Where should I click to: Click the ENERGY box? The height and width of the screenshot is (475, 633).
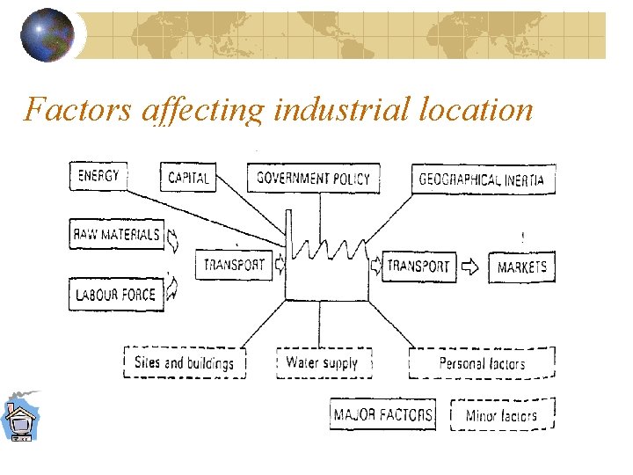tap(97, 177)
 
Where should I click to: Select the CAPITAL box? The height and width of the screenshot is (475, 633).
tap(188, 178)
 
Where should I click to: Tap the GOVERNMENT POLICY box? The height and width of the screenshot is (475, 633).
tap(313, 178)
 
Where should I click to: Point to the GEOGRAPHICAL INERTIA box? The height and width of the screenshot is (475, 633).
tap(482, 179)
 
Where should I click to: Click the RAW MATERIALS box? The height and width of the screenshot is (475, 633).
tap(117, 235)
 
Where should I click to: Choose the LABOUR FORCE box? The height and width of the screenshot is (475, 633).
tap(115, 295)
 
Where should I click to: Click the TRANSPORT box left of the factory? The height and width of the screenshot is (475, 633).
tap(234, 265)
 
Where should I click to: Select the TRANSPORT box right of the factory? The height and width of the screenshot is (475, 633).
tap(418, 266)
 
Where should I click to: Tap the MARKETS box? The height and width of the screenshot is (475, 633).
tap(522, 267)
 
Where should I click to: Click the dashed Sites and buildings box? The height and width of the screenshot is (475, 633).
tap(185, 362)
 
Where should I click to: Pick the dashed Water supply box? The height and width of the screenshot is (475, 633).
tap(323, 362)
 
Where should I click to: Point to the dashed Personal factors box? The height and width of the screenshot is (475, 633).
tap(482, 363)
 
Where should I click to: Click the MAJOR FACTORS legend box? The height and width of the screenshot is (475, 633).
tap(383, 414)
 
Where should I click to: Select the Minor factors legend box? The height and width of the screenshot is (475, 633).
tap(502, 415)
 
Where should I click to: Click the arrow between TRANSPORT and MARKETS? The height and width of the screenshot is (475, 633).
tap(472, 266)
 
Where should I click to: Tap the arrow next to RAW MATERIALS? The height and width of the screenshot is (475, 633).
tap(173, 237)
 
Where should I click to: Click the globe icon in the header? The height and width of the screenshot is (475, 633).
tap(47, 35)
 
